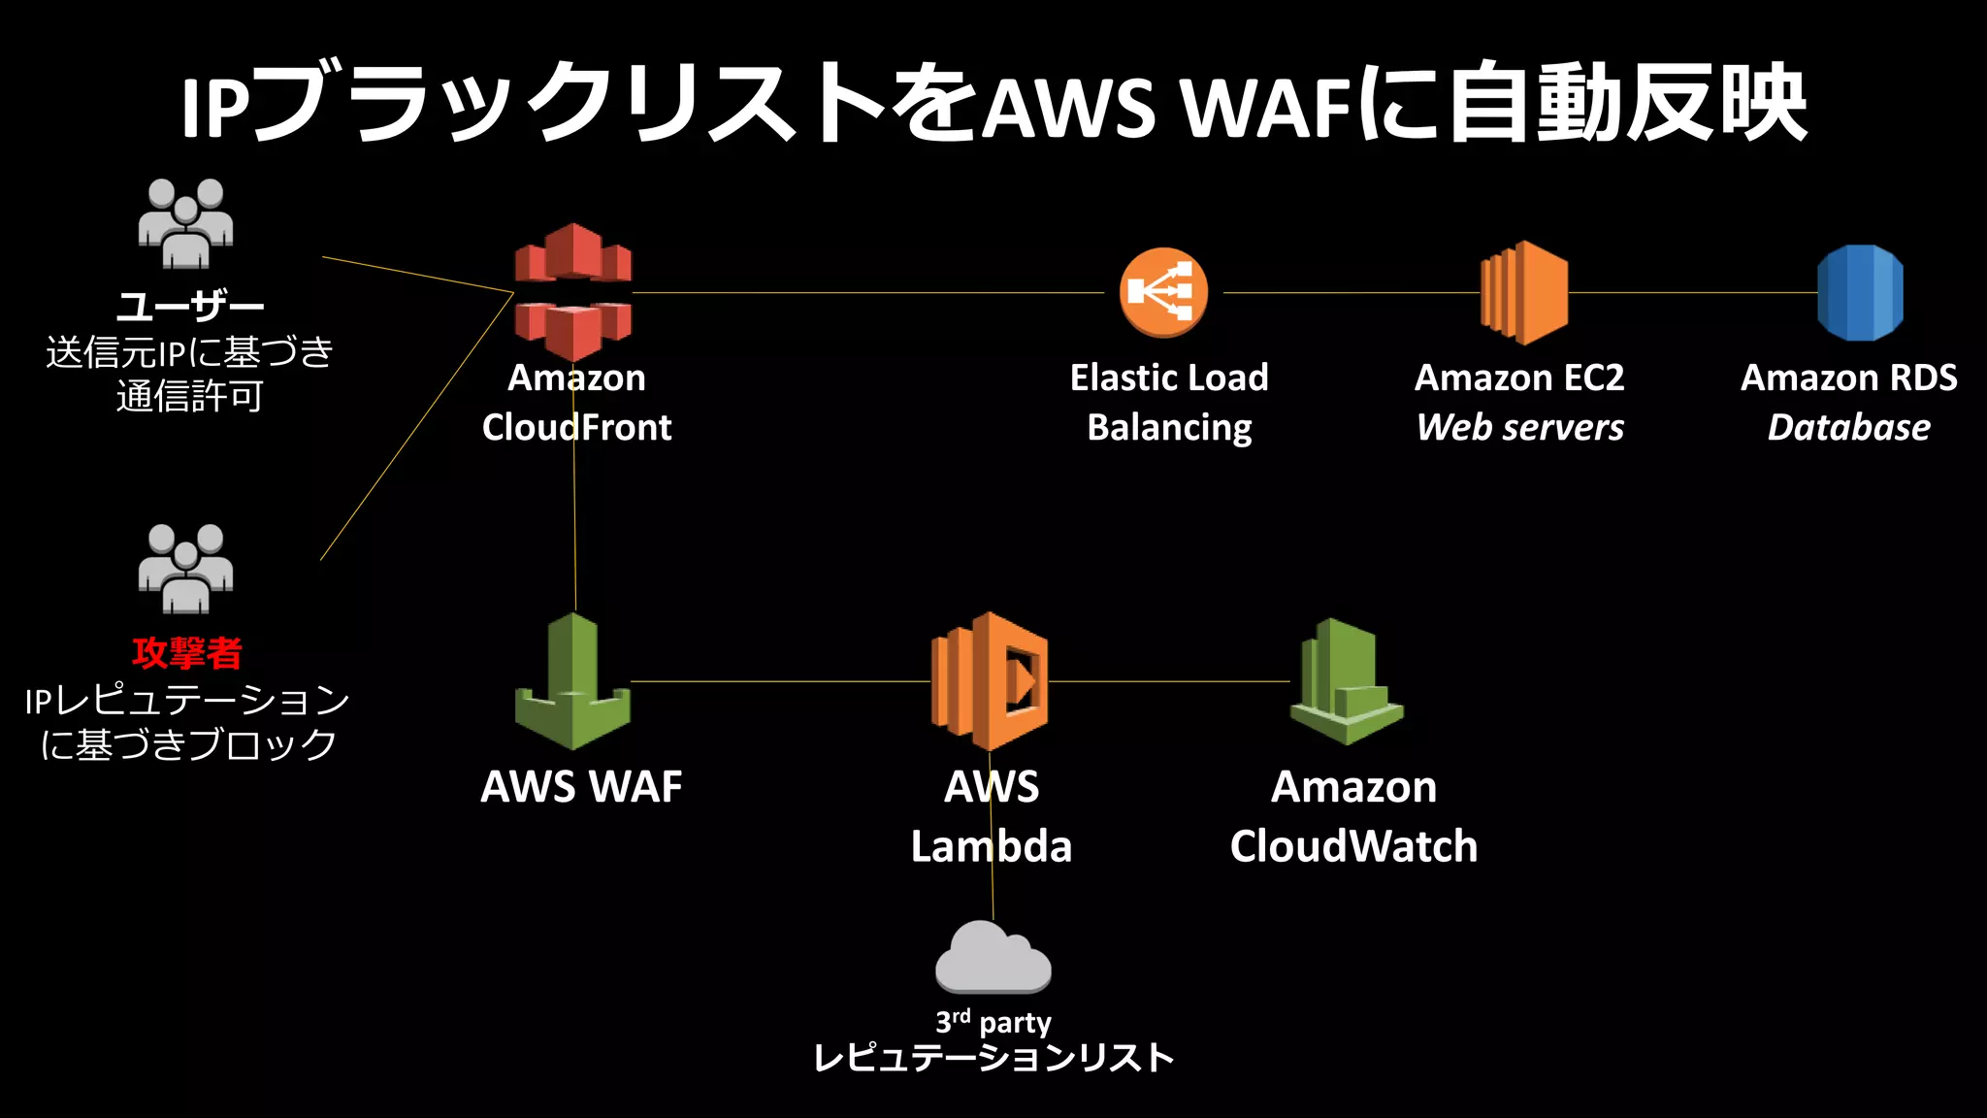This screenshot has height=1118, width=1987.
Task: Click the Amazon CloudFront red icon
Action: coord(572,291)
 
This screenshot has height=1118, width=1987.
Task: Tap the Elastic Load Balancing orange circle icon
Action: coord(1163,292)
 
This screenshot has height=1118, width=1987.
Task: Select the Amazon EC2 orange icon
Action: coord(1524,292)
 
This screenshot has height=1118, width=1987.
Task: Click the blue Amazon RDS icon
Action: coord(1860,292)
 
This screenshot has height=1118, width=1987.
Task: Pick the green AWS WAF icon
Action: coord(572,682)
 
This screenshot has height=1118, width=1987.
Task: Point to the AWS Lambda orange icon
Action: coord(990,681)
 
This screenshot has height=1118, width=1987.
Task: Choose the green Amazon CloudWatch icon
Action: coord(1347,681)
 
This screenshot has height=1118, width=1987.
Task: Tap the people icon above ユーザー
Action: coord(185,224)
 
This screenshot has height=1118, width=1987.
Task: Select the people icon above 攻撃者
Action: coord(185,570)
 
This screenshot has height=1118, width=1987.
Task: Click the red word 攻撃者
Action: coord(187,653)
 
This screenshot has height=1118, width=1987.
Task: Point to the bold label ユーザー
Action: coord(190,308)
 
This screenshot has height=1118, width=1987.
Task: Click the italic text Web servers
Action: coord(1519,428)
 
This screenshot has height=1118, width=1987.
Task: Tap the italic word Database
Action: coord(1848,428)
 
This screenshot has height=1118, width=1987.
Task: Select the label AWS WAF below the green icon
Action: coord(581,787)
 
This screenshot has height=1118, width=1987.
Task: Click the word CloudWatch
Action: coord(1353,846)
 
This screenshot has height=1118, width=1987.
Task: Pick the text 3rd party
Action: coord(993,1022)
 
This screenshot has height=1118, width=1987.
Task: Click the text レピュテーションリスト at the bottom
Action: coord(993,1058)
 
